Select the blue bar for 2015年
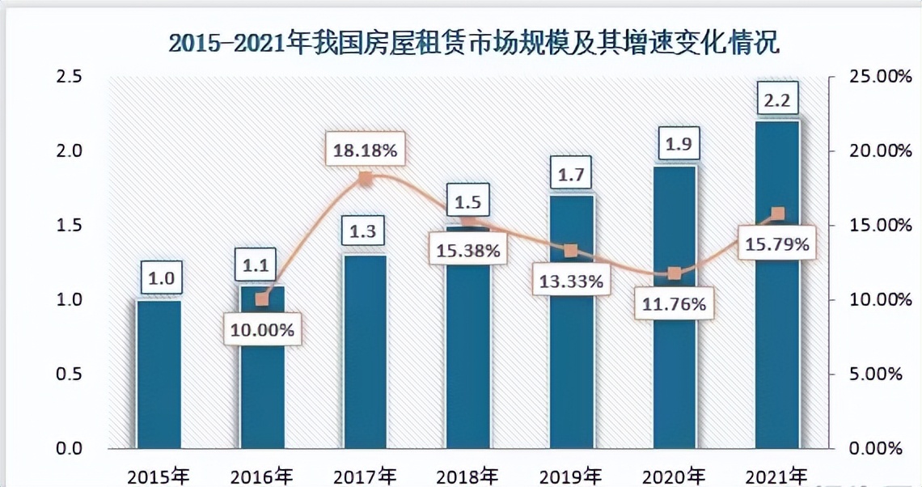(159, 374)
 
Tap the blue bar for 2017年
(365, 352)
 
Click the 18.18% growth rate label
(365, 150)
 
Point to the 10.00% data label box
(261, 330)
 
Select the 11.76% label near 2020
(675, 304)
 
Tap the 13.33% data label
(571, 282)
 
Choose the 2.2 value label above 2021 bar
(777, 101)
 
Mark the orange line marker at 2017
(365, 179)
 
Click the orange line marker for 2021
(777, 214)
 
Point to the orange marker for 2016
(261, 299)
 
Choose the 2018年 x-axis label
(467, 476)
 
